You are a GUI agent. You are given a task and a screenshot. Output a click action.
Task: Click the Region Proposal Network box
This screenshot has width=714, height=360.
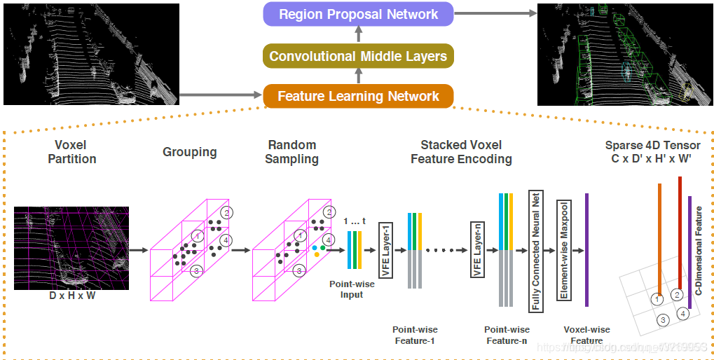(358, 14)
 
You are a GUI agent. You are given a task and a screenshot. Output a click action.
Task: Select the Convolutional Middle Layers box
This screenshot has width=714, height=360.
(358, 56)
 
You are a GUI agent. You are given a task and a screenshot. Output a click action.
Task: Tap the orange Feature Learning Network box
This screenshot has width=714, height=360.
(358, 96)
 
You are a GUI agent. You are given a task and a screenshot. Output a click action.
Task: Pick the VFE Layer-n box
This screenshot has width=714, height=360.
(476, 250)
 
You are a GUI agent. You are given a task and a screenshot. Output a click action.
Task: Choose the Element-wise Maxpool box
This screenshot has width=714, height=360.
(563, 250)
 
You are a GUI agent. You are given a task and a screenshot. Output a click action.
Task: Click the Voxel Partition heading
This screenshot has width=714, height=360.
(71, 152)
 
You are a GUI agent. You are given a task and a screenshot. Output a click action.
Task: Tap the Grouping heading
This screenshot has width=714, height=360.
(189, 152)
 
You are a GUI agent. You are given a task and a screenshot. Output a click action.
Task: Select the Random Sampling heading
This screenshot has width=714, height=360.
(291, 152)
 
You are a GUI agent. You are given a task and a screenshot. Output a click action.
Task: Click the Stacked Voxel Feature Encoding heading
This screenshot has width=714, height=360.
(460, 152)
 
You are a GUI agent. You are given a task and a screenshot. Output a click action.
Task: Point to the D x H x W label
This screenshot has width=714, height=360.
(71, 296)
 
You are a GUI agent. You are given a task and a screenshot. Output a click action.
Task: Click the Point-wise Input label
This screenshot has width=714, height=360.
(352, 289)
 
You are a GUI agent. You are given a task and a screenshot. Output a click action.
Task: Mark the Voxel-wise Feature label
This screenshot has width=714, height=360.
(586, 335)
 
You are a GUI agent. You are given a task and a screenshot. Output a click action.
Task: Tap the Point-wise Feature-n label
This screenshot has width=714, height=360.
(507, 335)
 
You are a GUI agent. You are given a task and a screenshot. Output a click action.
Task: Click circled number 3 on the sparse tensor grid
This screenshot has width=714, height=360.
(663, 319)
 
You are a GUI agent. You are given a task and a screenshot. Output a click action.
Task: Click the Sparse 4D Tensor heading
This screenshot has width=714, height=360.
(652, 152)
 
